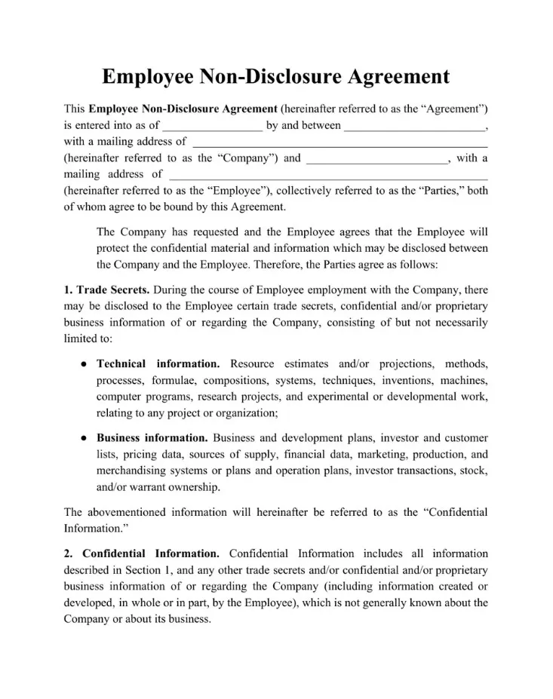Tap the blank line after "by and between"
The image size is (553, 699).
pos(415,126)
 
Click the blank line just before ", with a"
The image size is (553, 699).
pos(377,159)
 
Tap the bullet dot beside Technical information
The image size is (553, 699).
pos(83,364)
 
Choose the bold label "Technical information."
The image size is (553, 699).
pos(158,363)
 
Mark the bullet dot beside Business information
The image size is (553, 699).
pos(83,438)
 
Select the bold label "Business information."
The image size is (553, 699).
pos(152,437)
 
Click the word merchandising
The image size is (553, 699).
pos(132,471)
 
